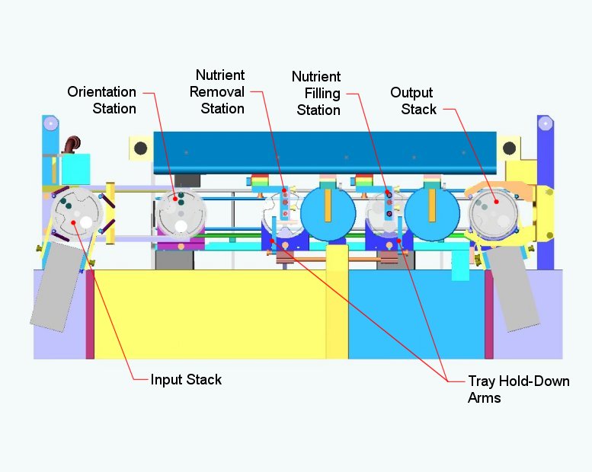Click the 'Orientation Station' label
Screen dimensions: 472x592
[x=102, y=100]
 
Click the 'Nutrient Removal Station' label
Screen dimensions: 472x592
[x=220, y=91]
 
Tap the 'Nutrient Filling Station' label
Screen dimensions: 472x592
[x=316, y=94]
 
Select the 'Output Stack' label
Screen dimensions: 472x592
[x=413, y=100]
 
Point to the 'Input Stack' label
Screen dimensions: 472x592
[x=186, y=379]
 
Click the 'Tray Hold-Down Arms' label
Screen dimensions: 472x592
[x=518, y=388]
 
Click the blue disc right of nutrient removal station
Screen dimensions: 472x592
[x=328, y=213]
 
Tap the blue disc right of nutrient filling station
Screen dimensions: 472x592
[x=431, y=213]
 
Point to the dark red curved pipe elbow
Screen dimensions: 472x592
[x=72, y=144]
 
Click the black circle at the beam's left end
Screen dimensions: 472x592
[x=140, y=148]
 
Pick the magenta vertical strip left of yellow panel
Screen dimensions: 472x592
[x=90, y=313]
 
